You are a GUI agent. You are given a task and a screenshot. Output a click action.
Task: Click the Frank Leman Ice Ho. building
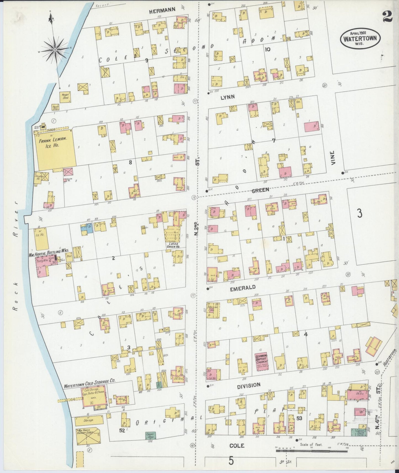click(55, 150)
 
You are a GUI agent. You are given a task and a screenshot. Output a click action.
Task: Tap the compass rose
click(55, 50)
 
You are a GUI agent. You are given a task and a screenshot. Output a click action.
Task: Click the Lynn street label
click(228, 97)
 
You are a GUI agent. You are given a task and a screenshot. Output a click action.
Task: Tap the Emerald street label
click(243, 287)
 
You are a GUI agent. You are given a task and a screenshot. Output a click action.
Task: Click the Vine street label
click(333, 158)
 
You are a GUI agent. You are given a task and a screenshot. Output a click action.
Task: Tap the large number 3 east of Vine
click(359, 213)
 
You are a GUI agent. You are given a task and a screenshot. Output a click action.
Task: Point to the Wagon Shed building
click(65, 97)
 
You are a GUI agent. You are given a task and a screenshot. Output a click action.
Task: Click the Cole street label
click(237, 445)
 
